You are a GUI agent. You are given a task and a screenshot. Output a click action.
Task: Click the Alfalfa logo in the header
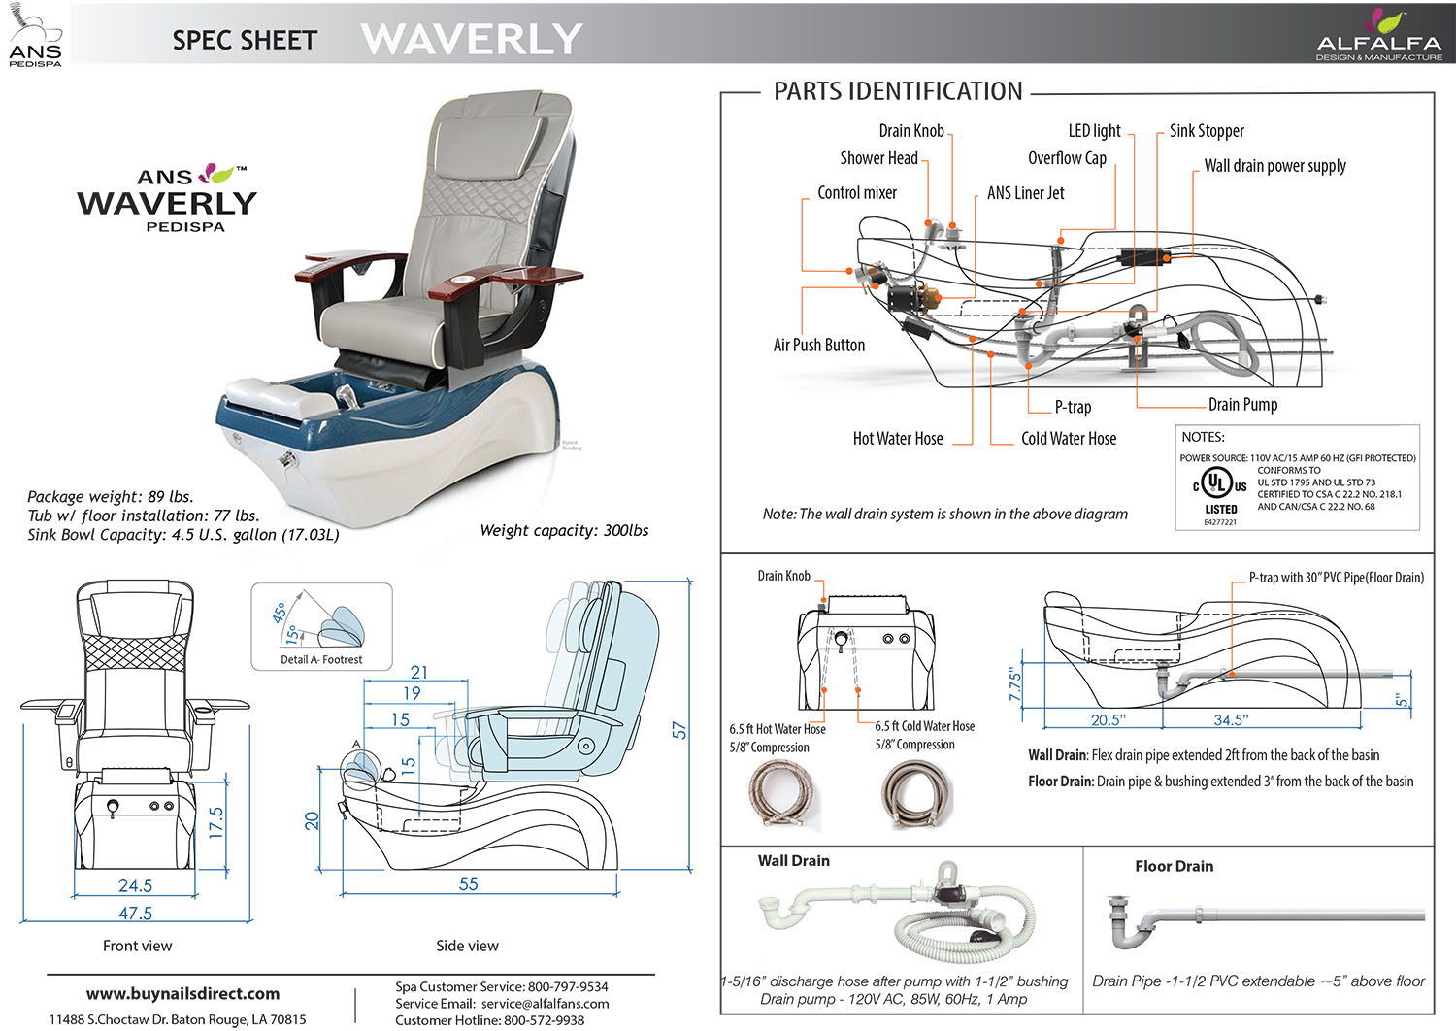click(1378, 35)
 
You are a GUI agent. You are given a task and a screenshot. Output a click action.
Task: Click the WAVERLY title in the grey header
click(472, 39)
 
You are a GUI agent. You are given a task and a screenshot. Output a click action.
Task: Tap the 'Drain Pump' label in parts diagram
click(1242, 405)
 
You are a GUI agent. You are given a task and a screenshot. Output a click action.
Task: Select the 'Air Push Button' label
click(818, 345)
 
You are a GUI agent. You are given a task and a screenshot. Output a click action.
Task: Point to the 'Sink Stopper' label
click(1206, 131)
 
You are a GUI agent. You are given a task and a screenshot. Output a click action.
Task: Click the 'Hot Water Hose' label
click(898, 439)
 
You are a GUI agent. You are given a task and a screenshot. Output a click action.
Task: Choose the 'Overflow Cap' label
click(1067, 158)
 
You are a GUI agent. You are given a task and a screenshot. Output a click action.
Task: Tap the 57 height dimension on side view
click(679, 729)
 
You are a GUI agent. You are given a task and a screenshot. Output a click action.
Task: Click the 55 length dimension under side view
click(468, 883)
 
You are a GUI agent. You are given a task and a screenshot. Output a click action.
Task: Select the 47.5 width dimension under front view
click(135, 913)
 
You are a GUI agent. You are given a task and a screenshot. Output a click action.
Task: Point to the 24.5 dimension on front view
click(135, 884)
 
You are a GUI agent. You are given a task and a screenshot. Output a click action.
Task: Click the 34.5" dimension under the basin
click(1229, 719)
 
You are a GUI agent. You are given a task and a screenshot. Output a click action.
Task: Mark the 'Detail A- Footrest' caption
click(321, 659)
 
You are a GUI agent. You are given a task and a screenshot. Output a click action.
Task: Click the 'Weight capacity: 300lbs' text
click(564, 530)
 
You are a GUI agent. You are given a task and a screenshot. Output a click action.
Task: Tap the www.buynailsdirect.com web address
click(182, 993)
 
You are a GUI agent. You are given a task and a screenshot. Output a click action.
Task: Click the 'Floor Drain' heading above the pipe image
click(1174, 866)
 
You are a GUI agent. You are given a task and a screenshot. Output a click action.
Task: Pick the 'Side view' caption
click(467, 946)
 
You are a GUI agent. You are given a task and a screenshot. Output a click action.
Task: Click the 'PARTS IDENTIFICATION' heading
click(898, 91)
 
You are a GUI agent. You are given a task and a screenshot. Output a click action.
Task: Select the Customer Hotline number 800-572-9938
click(544, 1019)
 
